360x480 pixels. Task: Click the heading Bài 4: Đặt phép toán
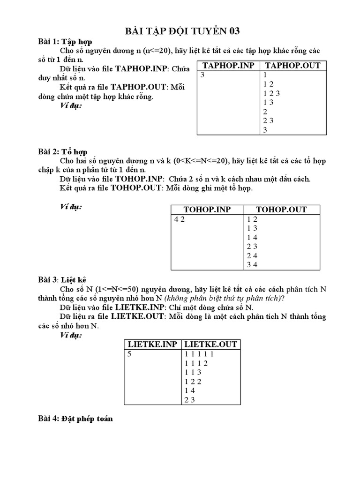click(75, 419)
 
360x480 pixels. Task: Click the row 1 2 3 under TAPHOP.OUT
click(271, 93)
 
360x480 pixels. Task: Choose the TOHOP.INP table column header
click(207, 210)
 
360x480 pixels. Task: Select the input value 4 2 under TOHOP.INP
click(180, 219)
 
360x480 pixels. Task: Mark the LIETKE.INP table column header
click(152, 344)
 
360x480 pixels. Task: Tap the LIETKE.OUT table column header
click(210, 344)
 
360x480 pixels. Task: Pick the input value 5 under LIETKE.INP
click(129, 354)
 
